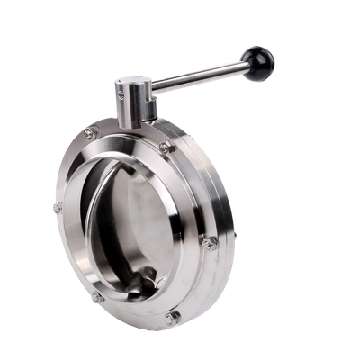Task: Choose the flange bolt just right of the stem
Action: tap(166, 147)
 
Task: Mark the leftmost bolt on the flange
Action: tap(56, 209)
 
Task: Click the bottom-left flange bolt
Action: tap(94, 295)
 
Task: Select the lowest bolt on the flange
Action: tap(173, 316)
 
